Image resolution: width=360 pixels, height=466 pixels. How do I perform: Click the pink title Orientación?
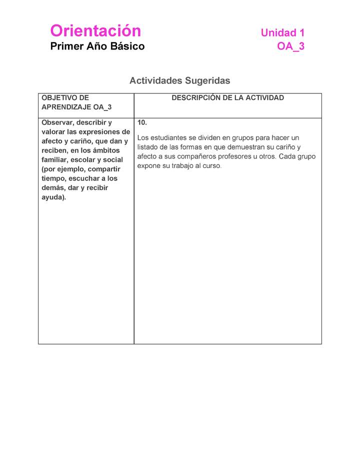click(x=95, y=31)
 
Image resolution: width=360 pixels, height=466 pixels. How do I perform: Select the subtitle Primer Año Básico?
click(x=97, y=46)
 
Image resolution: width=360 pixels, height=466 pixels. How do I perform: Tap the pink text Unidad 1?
click(x=282, y=33)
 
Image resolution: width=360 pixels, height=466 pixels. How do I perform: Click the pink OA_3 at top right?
click(x=290, y=46)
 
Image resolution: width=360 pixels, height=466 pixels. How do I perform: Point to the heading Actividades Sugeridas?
click(x=179, y=80)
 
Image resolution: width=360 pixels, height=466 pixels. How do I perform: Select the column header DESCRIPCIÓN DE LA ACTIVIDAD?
click(x=227, y=98)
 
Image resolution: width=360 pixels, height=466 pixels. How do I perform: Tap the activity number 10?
click(x=142, y=122)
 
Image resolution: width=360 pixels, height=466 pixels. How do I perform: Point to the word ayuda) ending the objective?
click(x=54, y=197)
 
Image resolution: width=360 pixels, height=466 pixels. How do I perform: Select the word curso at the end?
click(x=211, y=166)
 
